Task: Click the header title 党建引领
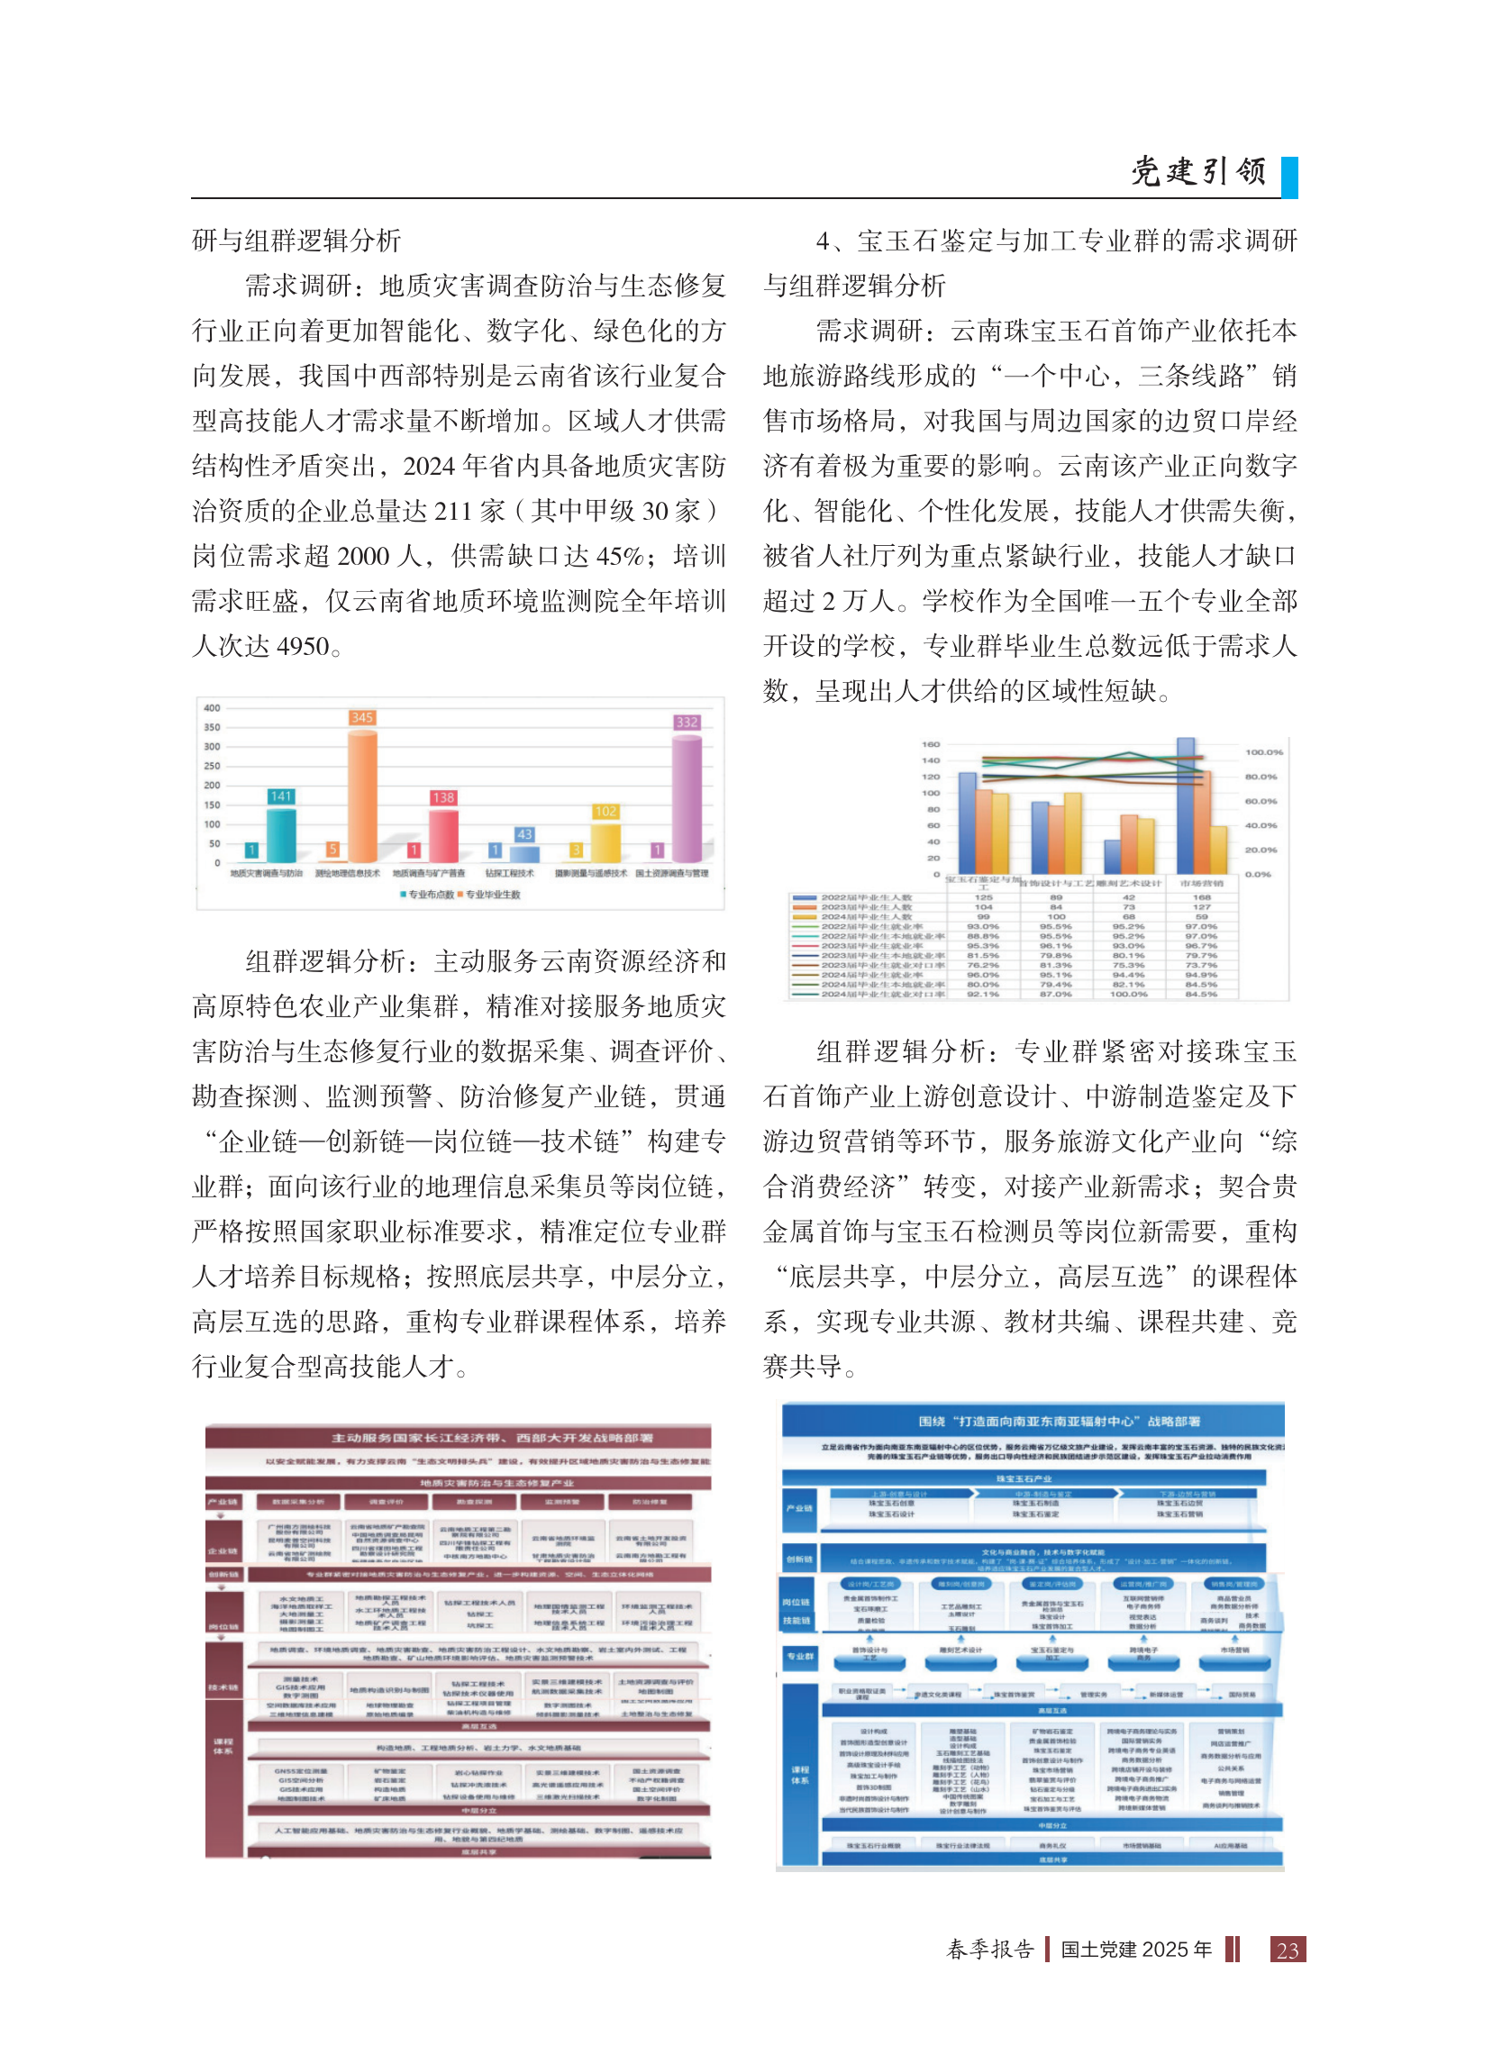1197,171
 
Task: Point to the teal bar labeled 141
281,833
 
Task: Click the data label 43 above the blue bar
524,834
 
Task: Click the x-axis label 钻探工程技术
510,873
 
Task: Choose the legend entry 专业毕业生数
491,895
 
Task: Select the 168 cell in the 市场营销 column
1201,897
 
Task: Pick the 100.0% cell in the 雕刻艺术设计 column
1129,994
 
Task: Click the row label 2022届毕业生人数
866,897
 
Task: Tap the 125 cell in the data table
983,897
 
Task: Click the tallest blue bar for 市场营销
1186,805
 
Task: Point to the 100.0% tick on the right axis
1264,751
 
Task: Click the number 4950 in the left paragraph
302,647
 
